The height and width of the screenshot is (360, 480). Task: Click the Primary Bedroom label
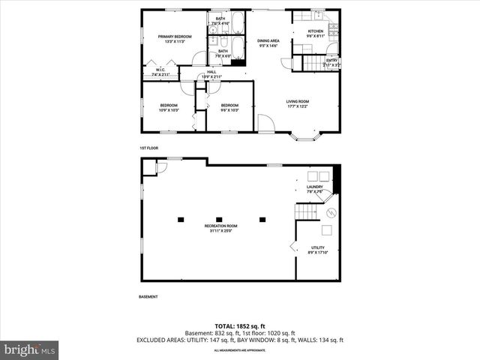pos(174,37)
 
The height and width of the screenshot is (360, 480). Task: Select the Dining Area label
pos(268,40)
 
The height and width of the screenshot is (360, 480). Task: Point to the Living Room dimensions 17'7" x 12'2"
pos(298,106)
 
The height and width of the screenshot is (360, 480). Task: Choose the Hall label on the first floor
pos(211,72)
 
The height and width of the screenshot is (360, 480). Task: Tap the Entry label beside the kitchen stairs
pos(331,61)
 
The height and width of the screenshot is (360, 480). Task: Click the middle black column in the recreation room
pos(221,219)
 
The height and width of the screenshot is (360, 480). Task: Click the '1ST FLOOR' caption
pos(149,148)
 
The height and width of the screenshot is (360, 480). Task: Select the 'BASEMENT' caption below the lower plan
pos(148,297)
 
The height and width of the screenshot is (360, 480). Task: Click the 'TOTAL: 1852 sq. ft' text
pos(240,326)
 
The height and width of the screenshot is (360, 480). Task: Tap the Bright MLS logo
pos(30,349)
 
